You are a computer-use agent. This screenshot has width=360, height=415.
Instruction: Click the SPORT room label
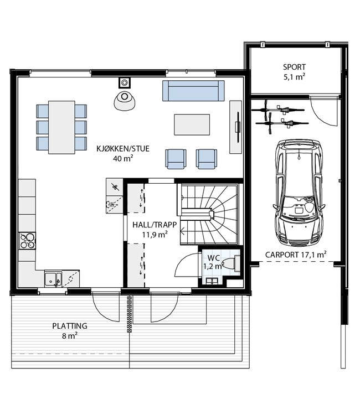(x=294, y=67)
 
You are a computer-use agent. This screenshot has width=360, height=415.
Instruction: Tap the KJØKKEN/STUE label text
(x=123, y=148)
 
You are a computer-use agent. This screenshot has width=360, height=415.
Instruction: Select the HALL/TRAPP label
(x=155, y=225)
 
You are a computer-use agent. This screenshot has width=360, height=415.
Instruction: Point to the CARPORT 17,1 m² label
(x=296, y=255)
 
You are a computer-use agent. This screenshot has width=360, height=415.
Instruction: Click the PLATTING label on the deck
(x=70, y=326)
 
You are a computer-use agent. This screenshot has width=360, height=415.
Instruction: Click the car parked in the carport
(x=299, y=193)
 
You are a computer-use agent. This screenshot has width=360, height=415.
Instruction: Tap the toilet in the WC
(x=232, y=263)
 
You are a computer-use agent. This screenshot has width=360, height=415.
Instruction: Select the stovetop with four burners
(x=27, y=241)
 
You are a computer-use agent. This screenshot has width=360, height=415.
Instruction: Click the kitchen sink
(x=53, y=279)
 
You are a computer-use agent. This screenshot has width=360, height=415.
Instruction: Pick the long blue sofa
(x=193, y=91)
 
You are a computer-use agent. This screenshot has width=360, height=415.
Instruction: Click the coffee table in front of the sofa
(x=192, y=124)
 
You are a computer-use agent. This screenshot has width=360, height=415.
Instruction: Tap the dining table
(x=61, y=127)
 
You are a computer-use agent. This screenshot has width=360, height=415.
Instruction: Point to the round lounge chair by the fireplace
(x=124, y=101)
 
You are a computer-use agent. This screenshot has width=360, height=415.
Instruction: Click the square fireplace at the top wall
(x=124, y=82)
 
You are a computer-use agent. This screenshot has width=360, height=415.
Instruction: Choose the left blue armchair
(x=176, y=159)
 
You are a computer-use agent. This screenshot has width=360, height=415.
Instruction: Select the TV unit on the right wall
(x=235, y=127)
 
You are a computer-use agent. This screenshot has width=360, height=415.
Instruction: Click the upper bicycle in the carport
(x=278, y=110)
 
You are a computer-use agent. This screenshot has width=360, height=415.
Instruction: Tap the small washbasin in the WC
(x=212, y=281)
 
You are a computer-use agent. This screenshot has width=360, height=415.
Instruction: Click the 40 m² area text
(x=123, y=159)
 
